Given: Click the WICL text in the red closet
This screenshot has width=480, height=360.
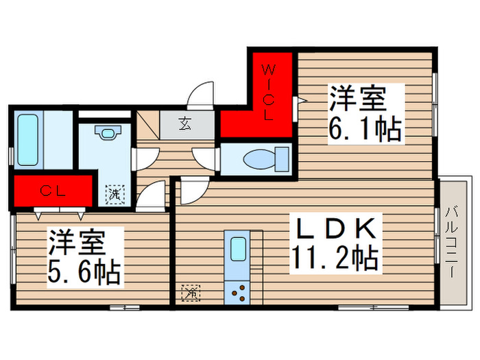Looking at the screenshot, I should pyautogui.click(x=269, y=91).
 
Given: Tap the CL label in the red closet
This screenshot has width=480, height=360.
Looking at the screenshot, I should pyautogui.click(x=52, y=191).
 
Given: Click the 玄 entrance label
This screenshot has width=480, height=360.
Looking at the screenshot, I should pyautogui.click(x=185, y=124).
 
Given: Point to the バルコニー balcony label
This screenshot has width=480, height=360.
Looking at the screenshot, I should pyautogui.click(x=452, y=241).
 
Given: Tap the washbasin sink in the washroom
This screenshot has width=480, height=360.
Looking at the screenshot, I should pyautogui.click(x=106, y=132).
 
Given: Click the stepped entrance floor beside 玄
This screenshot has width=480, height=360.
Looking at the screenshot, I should pyautogui.click(x=147, y=126).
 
